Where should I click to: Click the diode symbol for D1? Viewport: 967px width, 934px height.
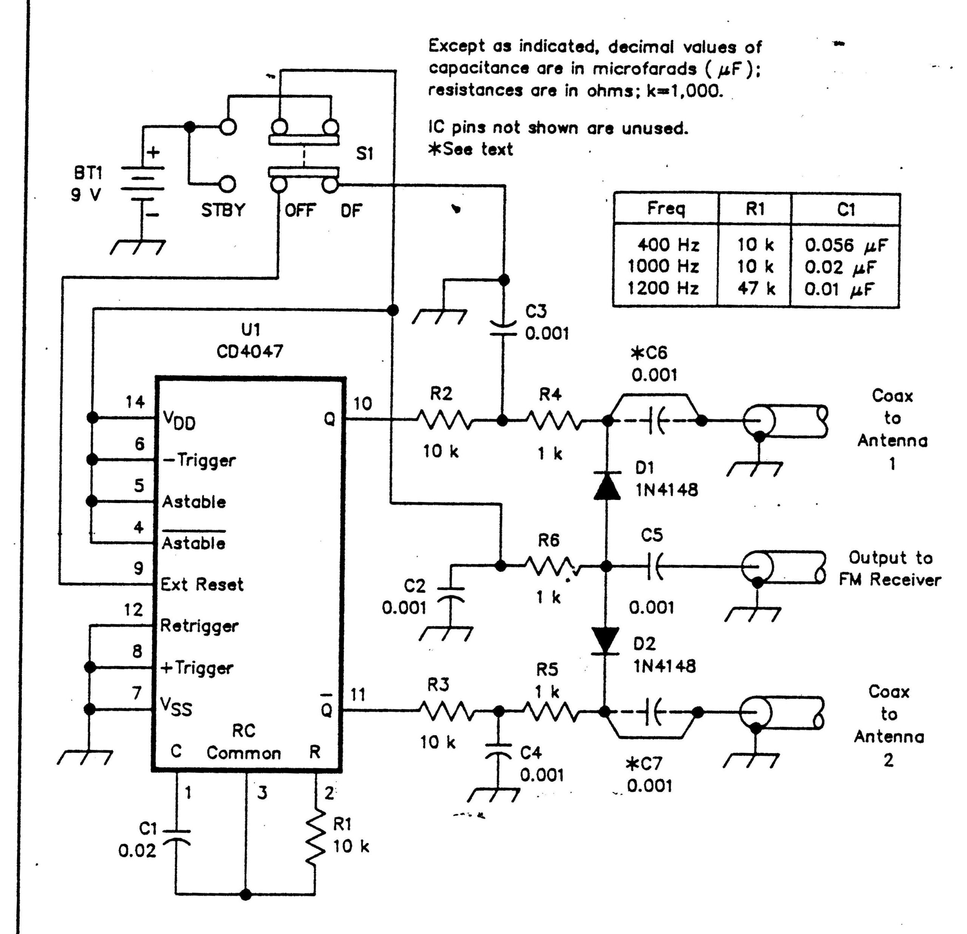607,485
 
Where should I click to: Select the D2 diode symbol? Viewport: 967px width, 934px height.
606,641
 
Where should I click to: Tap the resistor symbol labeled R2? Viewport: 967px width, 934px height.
444,421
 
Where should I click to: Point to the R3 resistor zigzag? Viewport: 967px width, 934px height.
446,711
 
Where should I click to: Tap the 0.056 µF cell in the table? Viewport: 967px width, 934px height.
846,245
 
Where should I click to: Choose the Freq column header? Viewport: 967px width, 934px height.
666,209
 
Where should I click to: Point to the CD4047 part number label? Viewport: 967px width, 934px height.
250,351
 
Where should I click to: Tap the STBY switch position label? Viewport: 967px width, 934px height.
223,210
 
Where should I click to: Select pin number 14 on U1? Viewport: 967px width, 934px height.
135,402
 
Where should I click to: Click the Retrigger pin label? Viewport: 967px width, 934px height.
199,627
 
